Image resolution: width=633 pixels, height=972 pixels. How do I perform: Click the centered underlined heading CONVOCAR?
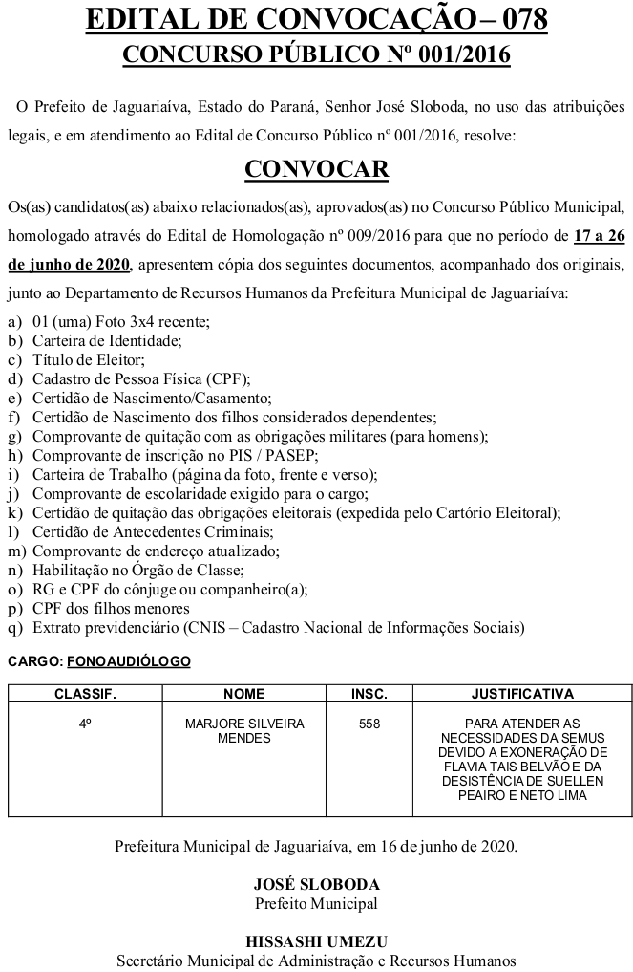coord(316,169)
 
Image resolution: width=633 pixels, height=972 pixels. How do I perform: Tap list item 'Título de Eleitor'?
coord(88,359)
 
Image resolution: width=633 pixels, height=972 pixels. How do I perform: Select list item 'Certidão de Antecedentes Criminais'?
coord(153,532)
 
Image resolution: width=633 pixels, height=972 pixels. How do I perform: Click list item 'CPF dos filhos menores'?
coord(111,609)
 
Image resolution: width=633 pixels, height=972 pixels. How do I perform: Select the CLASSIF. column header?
coord(85,693)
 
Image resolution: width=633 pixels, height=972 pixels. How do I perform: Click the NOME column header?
coord(243,693)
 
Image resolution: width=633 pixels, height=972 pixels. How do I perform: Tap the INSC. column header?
coord(369,693)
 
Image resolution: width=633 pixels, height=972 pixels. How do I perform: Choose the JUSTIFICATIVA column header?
coord(521,693)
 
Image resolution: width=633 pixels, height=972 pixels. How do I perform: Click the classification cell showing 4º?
coord(85,724)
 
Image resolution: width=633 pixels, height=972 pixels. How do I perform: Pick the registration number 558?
coord(369,724)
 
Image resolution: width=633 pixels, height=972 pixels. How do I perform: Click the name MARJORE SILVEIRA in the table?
coord(244,724)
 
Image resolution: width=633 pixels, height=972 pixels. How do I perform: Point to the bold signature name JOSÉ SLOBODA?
coord(316,884)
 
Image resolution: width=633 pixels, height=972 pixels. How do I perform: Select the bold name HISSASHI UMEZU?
coord(316,941)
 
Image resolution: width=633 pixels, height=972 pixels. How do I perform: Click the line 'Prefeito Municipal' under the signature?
coord(316,903)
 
